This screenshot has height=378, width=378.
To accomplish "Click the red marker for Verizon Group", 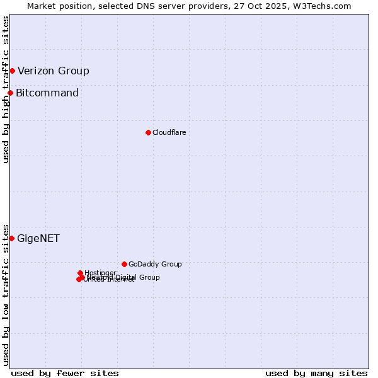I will point(12,71).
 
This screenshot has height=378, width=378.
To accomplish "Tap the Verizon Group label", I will point(54,71).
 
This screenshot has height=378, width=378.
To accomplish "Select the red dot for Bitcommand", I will point(10,93).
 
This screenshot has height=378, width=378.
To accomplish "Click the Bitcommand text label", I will point(47,93).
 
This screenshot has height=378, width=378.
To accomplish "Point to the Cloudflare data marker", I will point(148,132).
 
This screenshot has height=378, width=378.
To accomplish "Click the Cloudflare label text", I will point(169,132).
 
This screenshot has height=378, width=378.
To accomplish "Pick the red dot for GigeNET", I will point(11,238).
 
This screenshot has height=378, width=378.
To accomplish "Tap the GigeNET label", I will point(38,238).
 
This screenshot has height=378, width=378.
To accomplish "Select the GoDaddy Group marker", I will point(124,264).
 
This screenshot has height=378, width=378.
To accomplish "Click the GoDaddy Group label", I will point(155,264).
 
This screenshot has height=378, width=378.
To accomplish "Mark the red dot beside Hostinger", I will point(80,273).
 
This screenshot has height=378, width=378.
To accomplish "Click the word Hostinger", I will point(100,273).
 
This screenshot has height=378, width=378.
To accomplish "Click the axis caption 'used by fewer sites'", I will point(65,373).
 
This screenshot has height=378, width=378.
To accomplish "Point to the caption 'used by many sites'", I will point(316,373).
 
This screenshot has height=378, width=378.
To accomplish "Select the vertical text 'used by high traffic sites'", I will point(6,89).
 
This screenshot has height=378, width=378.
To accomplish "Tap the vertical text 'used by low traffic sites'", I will point(6,295).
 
